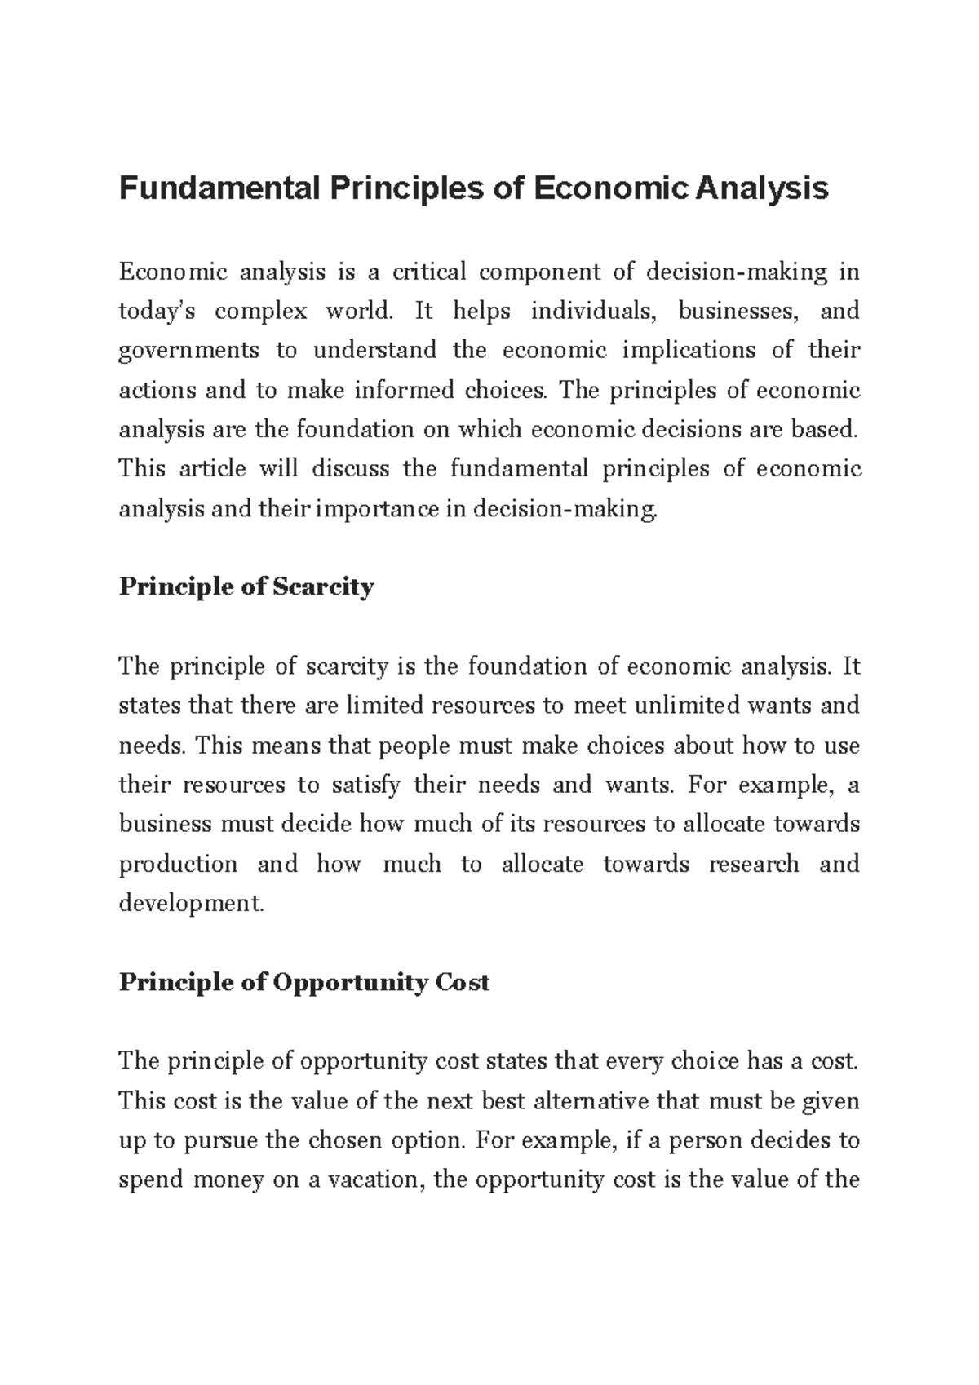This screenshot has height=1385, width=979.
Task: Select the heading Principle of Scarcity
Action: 246,586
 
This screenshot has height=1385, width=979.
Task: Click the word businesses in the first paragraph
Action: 733,312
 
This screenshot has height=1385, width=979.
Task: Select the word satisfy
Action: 365,785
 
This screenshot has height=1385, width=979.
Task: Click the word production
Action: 178,864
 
